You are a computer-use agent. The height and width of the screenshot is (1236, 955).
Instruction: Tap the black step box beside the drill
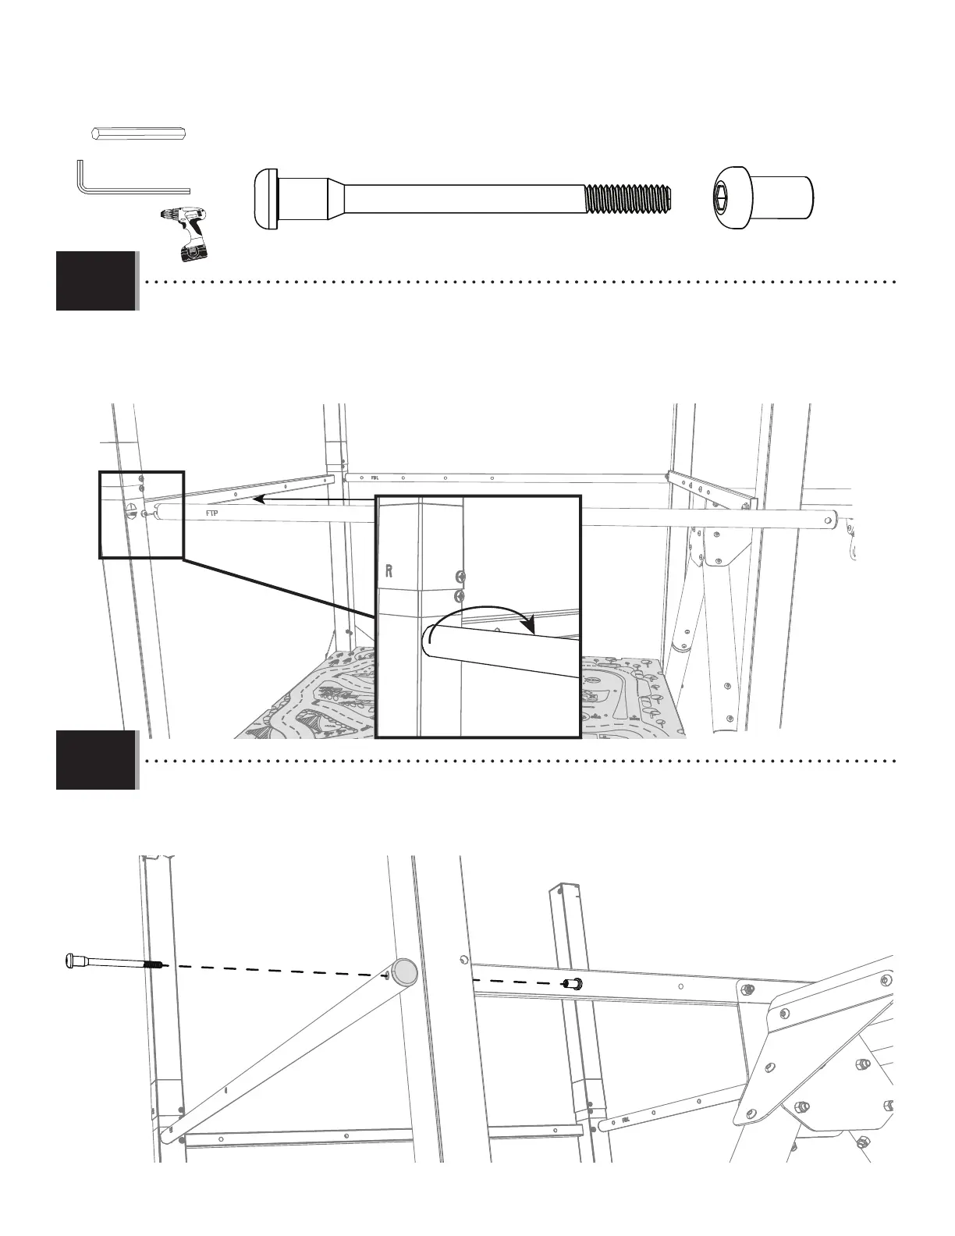(x=96, y=281)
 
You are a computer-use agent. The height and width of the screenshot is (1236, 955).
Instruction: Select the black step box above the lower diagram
(x=96, y=760)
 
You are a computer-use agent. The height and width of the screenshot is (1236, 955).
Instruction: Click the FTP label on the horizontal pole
(x=211, y=514)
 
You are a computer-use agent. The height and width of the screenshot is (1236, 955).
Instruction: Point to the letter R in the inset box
(x=388, y=570)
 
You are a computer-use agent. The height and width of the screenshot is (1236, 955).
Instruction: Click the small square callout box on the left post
(x=141, y=514)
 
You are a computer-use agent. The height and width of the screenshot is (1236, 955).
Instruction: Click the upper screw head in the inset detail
(x=460, y=577)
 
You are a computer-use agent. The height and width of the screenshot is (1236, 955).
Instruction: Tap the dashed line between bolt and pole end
(x=281, y=969)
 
